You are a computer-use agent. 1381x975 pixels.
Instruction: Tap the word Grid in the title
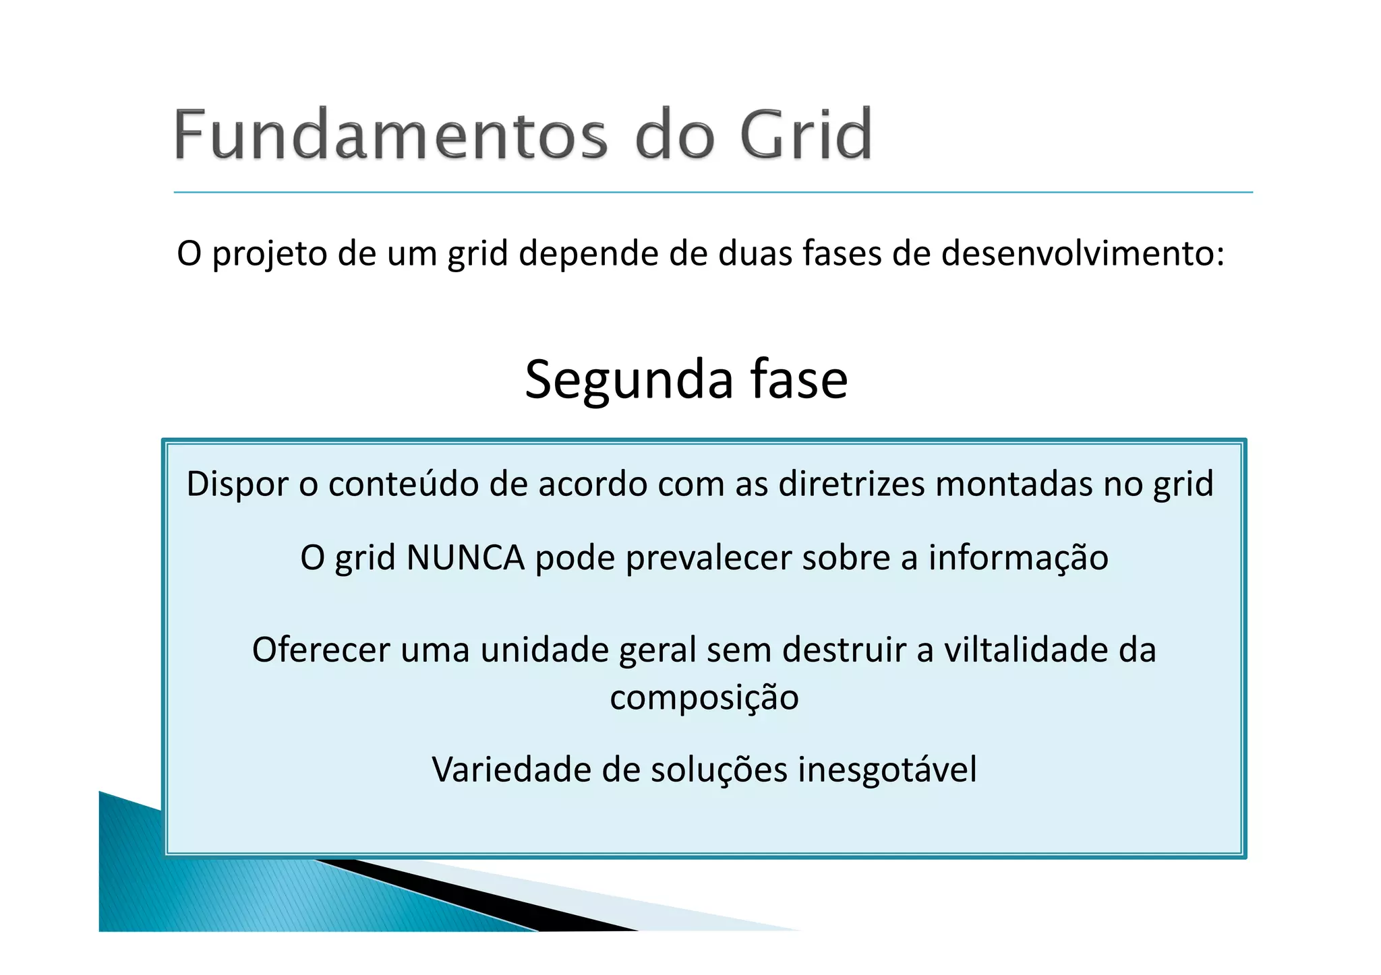(806, 135)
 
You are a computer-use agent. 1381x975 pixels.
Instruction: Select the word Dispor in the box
(237, 484)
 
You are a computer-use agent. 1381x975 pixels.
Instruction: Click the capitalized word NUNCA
(465, 558)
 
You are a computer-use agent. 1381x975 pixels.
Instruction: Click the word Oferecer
(321, 650)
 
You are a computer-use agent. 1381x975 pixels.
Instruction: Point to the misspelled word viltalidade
(1025, 650)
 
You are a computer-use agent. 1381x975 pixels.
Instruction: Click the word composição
(704, 699)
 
